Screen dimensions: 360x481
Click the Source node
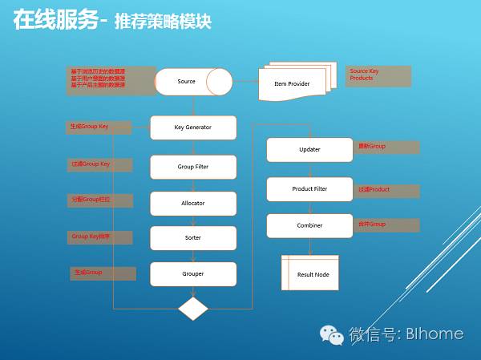[192, 82]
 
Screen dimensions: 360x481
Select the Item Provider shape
[292, 83]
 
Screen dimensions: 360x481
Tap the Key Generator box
[193, 127]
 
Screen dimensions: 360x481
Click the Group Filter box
[193, 167]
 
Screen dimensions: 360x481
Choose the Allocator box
[193, 204]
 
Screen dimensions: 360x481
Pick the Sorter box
[193, 238]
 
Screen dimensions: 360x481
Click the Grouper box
[193, 274]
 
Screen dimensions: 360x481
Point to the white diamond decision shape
[193, 308]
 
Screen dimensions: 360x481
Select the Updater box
[309, 150]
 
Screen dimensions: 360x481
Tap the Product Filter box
[309, 189]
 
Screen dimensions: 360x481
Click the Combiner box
[309, 225]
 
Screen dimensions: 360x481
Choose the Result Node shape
[310, 273]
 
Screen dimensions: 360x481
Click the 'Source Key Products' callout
[378, 76]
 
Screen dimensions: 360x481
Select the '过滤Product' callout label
[387, 190]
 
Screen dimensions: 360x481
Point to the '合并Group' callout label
[387, 225]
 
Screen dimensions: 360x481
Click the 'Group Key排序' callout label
[100, 237]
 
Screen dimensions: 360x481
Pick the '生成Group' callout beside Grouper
[103, 273]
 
